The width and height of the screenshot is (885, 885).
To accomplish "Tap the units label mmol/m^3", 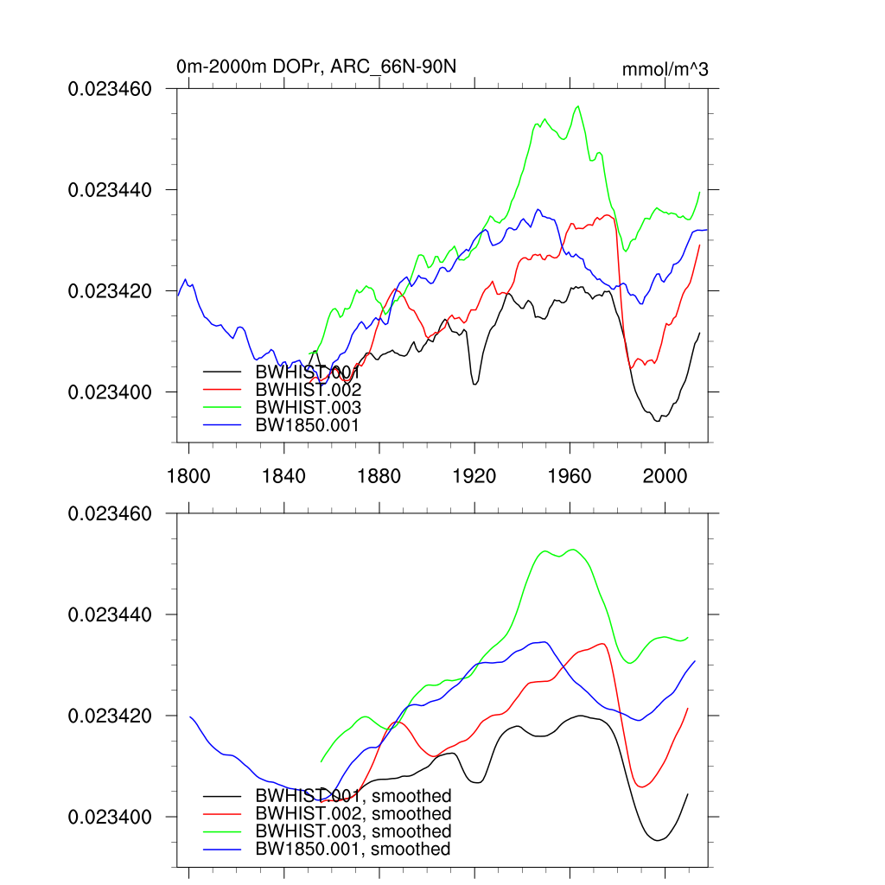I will tap(665, 69).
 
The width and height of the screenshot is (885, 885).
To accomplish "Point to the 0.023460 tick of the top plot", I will tap(110, 88).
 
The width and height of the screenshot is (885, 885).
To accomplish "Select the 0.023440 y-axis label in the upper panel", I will tap(110, 189).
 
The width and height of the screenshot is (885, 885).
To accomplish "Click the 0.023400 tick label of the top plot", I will tap(110, 392).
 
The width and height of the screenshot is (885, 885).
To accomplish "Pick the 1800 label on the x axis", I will tap(188, 474).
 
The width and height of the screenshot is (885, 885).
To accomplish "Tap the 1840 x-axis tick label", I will tap(283, 474).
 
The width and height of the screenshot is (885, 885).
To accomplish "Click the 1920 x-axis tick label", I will tap(474, 474).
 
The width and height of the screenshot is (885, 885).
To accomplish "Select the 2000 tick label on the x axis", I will tap(665, 474).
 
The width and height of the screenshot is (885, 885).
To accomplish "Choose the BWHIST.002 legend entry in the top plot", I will tap(308, 390).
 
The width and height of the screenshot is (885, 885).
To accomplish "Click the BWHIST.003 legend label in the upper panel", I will tap(308, 407).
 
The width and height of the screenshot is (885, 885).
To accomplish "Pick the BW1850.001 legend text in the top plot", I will tap(308, 424).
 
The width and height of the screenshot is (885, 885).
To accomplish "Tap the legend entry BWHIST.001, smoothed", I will tap(353, 796).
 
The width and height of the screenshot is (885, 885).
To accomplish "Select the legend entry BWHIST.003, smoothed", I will tap(353, 831).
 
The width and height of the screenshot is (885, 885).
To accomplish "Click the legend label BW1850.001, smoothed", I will tap(353, 850).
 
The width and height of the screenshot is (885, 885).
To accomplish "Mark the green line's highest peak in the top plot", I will tap(577, 106).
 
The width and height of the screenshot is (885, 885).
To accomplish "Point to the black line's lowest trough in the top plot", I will tap(658, 421).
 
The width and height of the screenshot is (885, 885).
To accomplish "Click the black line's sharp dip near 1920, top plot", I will tap(474, 383).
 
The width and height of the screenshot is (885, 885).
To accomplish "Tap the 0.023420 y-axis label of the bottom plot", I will tap(110, 716).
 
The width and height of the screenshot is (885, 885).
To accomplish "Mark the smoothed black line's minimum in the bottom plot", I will tap(658, 840).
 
